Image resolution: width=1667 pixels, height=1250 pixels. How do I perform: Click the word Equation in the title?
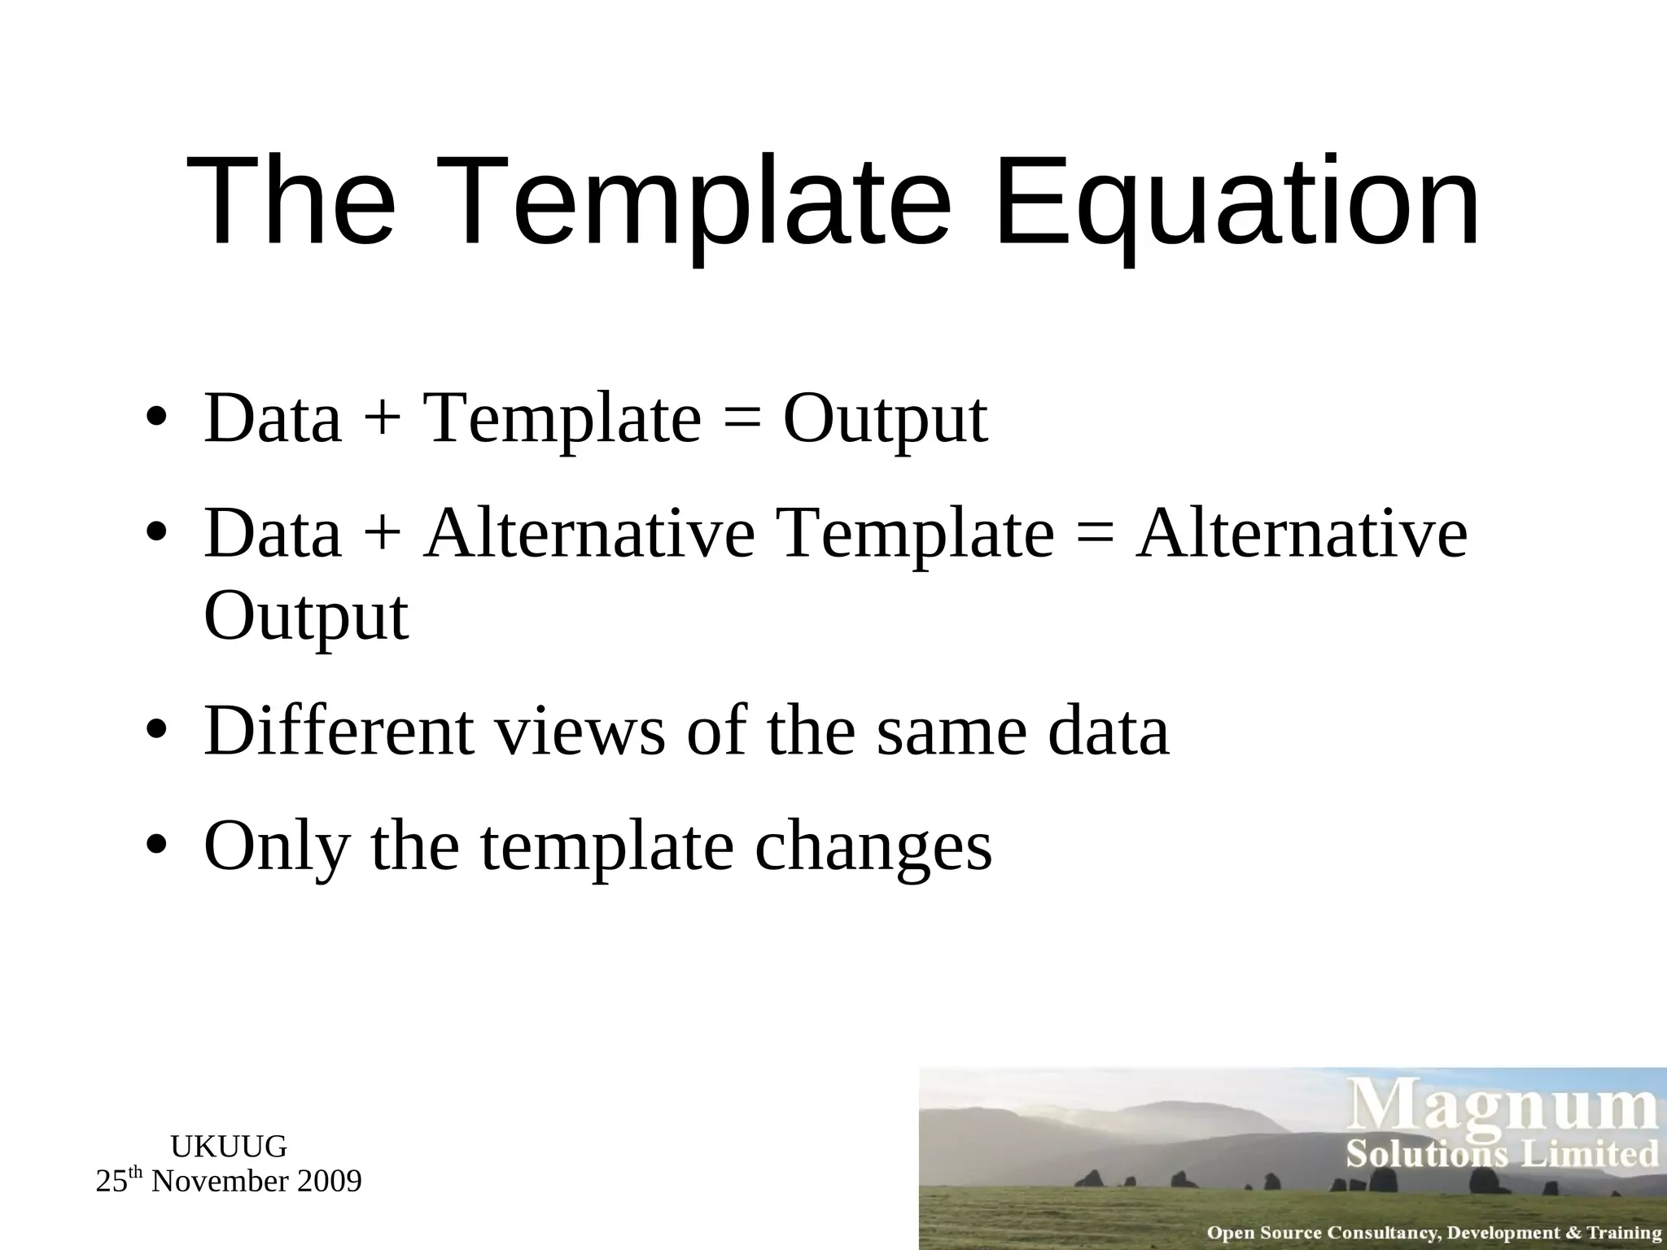[x=1236, y=202]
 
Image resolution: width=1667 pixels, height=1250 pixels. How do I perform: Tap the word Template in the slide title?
[x=731, y=202]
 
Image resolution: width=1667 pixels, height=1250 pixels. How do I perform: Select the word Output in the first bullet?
[x=886, y=420]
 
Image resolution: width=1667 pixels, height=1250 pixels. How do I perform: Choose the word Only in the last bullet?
[x=277, y=846]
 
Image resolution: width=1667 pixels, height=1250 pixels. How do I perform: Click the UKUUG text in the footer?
[x=229, y=1147]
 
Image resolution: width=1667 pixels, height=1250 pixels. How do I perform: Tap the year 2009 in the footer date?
[x=329, y=1182]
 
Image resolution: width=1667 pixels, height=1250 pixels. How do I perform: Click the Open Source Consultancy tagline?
[x=1433, y=1233]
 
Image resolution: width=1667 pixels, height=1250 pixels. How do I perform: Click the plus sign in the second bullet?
[x=383, y=535]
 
